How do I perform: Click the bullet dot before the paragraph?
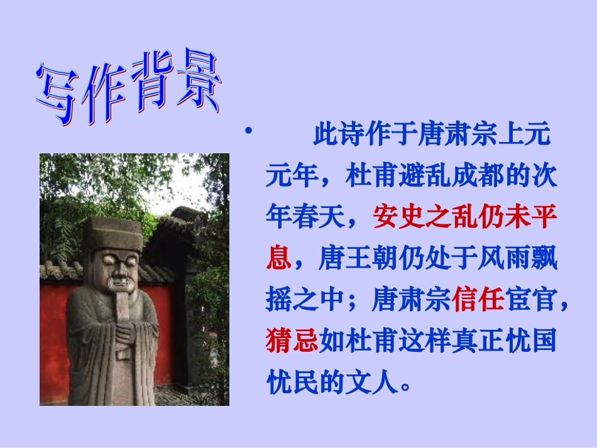248,131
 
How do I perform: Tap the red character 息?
278,259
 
